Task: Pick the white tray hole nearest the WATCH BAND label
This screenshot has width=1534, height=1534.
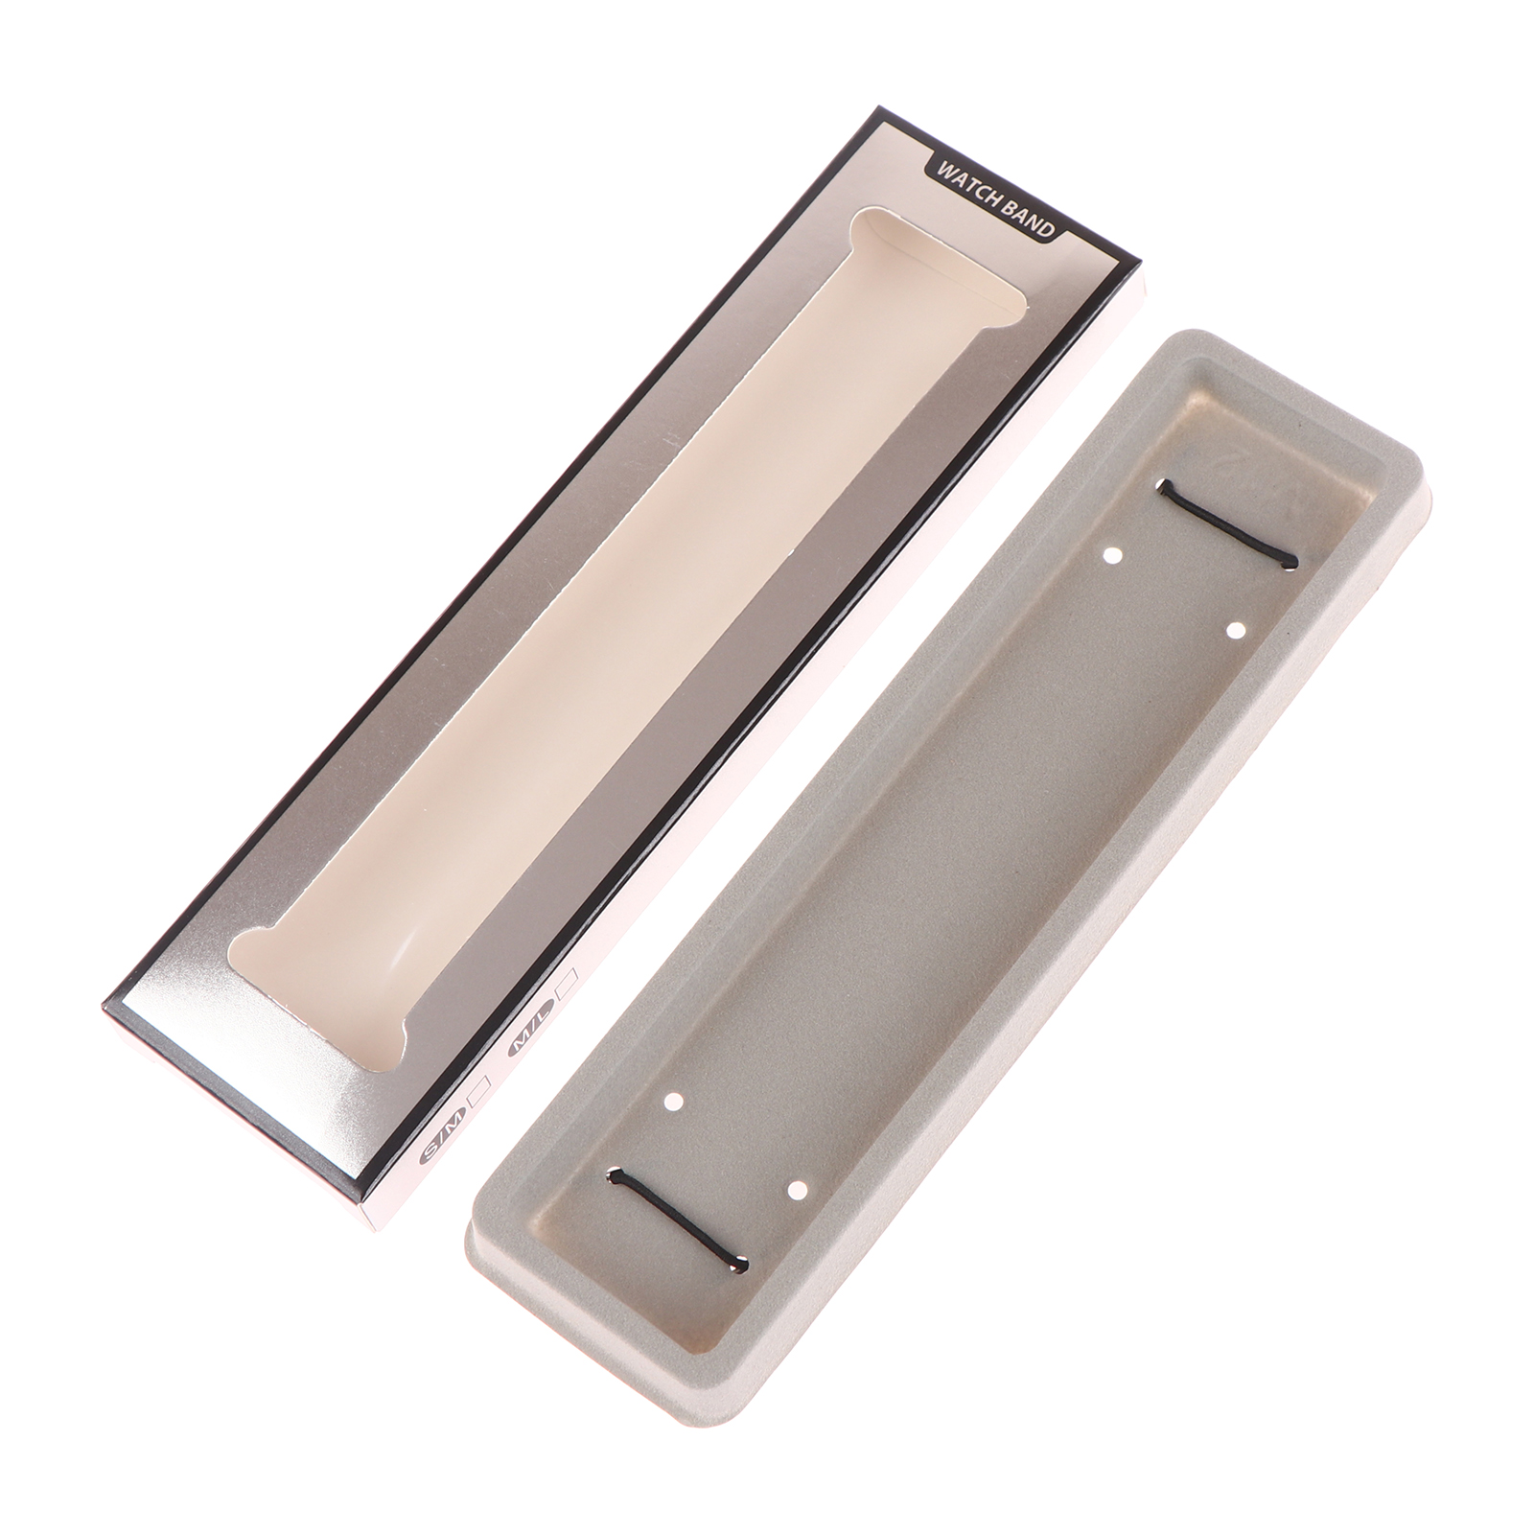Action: click(1113, 554)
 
